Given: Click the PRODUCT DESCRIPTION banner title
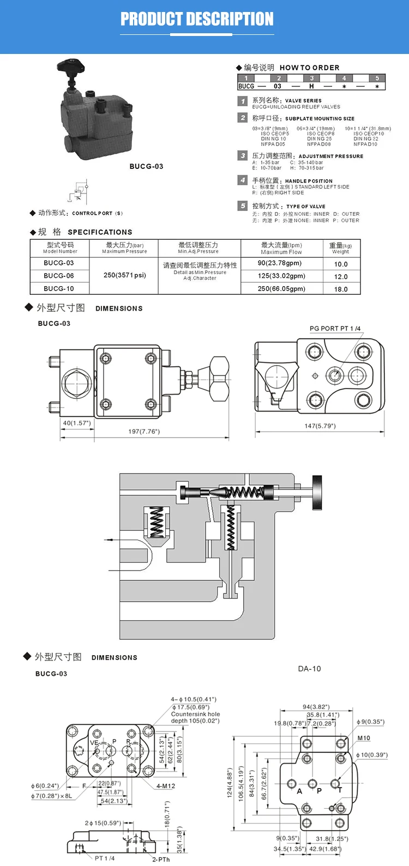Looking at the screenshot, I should [x=197, y=19].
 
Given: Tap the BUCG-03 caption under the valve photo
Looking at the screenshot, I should [x=146, y=166].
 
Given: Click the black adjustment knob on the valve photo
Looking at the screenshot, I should [x=71, y=70].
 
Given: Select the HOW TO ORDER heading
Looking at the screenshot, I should [x=309, y=68].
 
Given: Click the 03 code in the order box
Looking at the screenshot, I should [x=278, y=86].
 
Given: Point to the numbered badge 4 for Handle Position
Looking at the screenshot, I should [x=243, y=180].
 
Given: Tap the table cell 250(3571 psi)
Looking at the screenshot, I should [x=124, y=275].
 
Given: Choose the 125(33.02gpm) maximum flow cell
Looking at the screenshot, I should [x=281, y=276].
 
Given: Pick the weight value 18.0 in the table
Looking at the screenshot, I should [x=340, y=289].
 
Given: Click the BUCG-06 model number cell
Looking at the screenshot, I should [x=59, y=276].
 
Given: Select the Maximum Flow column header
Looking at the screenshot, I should [x=281, y=249].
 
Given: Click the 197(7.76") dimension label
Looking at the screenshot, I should [x=144, y=431].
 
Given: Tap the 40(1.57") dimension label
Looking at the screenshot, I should [x=77, y=423].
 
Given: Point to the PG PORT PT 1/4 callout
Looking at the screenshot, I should [x=335, y=329].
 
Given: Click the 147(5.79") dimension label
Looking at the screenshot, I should [x=320, y=426].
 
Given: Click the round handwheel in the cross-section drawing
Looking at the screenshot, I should [x=317, y=492].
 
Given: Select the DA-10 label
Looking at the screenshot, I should [x=309, y=669].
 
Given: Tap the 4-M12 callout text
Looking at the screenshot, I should [x=166, y=786].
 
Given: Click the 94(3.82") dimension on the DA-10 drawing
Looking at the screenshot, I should [x=316, y=707].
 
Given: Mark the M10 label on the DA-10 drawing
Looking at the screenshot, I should [x=364, y=738].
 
